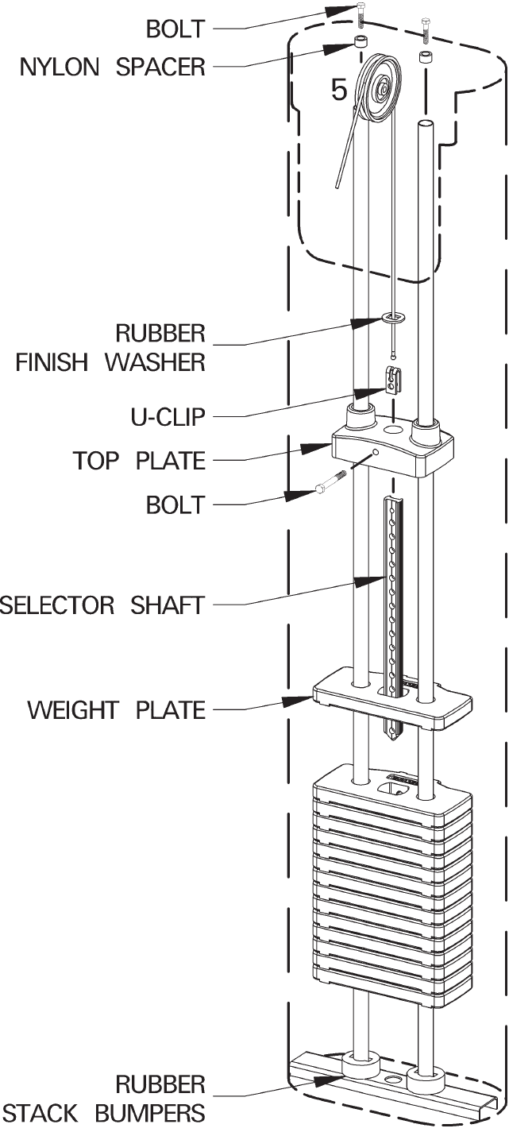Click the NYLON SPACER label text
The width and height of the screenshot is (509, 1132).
[112, 67]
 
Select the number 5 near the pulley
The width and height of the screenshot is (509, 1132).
[339, 91]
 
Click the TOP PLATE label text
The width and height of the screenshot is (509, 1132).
[139, 460]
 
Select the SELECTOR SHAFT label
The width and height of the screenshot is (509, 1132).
[102, 605]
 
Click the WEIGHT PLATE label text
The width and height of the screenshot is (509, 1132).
[116, 709]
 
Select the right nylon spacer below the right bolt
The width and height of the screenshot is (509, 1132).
[427, 58]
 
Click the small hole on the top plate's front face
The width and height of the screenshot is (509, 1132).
[377, 454]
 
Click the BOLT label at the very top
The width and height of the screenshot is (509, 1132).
[175, 29]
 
